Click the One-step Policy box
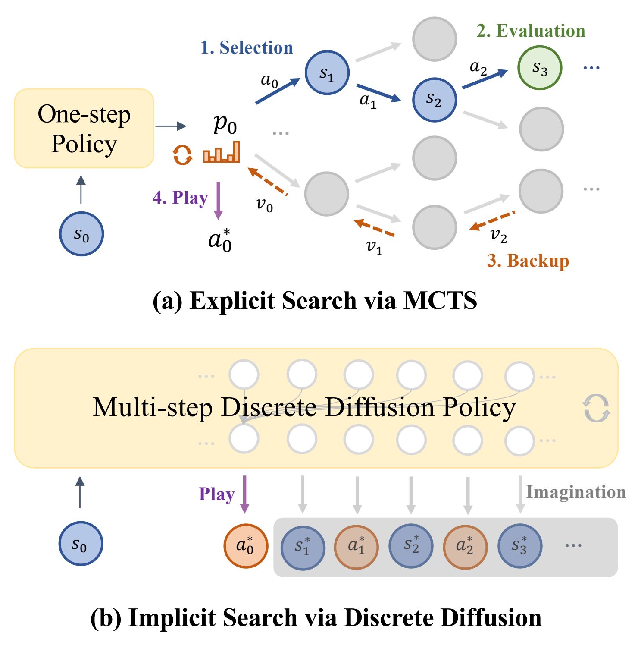[84, 129]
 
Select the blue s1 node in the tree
[327, 72]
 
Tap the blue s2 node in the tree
[434, 100]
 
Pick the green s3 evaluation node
[540, 68]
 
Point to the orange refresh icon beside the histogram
[182, 154]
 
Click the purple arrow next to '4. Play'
[218, 201]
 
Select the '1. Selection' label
[247, 47]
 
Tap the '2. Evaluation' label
[531, 31]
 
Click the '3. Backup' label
[528, 261]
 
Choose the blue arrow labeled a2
[485, 79]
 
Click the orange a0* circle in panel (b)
[246, 546]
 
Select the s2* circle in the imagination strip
[411, 546]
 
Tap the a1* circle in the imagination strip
[356, 547]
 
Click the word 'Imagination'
[576, 492]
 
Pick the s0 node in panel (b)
[81, 544]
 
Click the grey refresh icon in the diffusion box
[597, 408]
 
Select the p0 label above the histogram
[225, 125]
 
